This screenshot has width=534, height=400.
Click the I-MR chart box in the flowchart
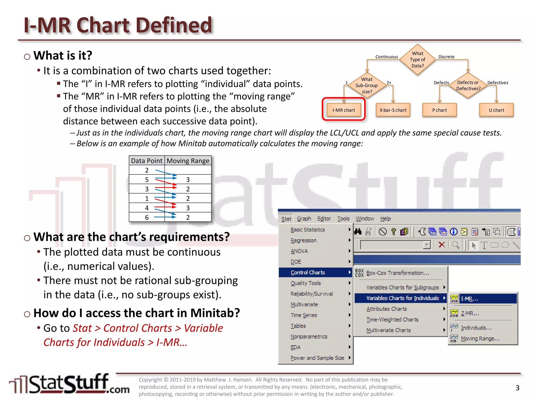click(343, 110)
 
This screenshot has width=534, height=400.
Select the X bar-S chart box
click(393, 110)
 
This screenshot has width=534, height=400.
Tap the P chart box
click(439, 110)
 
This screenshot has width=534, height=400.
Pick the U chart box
click(496, 110)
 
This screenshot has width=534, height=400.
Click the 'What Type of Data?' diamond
click(417, 60)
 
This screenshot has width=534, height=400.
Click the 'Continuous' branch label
click(386, 57)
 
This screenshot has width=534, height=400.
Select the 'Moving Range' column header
click(188, 161)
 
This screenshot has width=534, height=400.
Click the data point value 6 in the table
click(147, 217)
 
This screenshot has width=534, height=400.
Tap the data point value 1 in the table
click(147, 198)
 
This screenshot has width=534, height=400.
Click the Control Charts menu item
click(308, 272)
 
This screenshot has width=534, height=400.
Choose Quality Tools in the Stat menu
click(306, 283)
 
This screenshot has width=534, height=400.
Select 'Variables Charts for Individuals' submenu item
click(402, 298)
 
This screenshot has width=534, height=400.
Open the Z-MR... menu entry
click(470, 313)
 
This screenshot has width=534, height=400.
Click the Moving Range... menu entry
click(480, 339)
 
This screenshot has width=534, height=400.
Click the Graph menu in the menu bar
click(304, 219)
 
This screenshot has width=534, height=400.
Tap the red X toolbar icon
click(442, 245)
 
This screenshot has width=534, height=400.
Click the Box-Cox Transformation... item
click(397, 273)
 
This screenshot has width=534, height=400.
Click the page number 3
click(517, 388)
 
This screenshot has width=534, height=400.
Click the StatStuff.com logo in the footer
click(69, 384)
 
